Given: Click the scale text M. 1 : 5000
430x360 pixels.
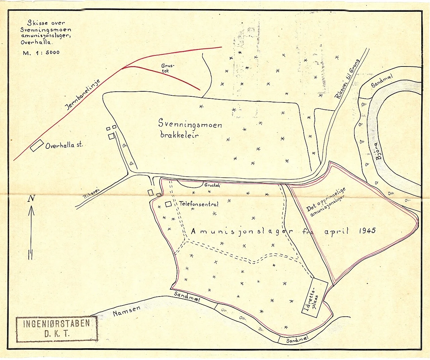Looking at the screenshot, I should point(41,53).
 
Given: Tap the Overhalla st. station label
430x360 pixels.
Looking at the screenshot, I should point(64,146).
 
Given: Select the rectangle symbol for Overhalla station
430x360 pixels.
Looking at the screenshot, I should point(37,146).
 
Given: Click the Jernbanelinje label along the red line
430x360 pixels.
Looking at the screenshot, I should point(83,95).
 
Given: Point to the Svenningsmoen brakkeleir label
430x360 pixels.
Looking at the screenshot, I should point(189,130).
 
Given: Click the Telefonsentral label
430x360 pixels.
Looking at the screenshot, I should point(199,204).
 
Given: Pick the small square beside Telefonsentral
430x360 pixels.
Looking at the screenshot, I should point(169,204).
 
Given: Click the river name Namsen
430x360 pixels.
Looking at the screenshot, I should point(127,311).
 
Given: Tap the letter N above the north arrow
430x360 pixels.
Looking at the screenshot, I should point(31,198).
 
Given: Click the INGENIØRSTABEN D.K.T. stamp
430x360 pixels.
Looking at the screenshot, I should point(56,328).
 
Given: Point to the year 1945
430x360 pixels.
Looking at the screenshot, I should point(367,231).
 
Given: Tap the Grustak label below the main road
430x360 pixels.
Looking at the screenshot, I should point(212,185).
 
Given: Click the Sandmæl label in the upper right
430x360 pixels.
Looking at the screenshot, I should point(382,82).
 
